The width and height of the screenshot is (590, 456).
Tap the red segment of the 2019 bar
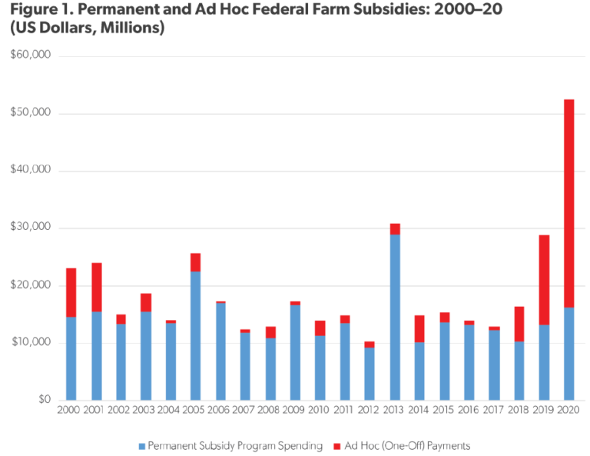tap(544, 280)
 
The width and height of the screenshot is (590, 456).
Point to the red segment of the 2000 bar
tap(71, 292)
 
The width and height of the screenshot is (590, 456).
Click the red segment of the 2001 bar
tap(96, 287)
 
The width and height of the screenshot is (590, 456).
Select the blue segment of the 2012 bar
tap(370, 373)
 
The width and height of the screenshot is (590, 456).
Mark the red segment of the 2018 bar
tap(519, 324)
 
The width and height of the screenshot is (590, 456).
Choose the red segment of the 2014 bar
tap(419, 328)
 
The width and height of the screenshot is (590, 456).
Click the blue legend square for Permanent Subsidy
tap(141, 445)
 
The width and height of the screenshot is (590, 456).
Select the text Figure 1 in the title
tap(38, 12)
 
